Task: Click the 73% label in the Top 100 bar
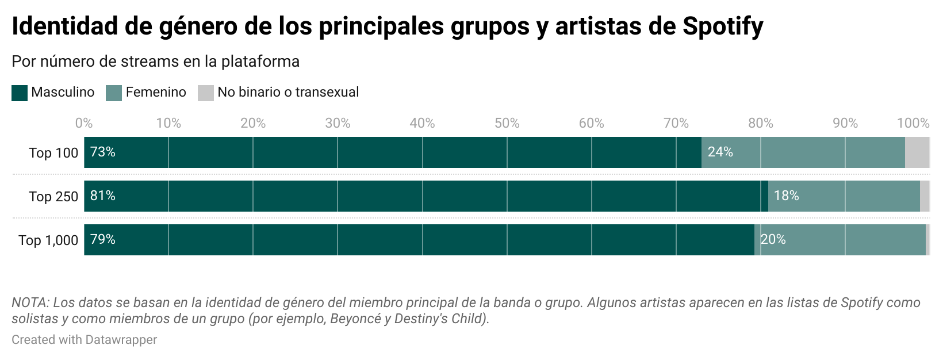(103, 152)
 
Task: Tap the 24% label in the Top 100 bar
(720, 152)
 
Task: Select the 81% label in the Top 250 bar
(103, 196)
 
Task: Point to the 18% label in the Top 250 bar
(786, 196)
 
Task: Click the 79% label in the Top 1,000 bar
(103, 239)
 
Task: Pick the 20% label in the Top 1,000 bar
(773, 239)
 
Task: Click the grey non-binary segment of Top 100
(917, 152)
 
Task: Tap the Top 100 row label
(53, 153)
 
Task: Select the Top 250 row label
(53, 197)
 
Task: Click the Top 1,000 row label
(48, 240)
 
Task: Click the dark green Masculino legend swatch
(20, 93)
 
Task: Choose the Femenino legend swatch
(114, 93)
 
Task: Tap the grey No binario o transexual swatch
(206, 93)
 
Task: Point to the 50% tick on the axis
(507, 123)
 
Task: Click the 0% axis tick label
(84, 123)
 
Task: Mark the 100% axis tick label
(913, 123)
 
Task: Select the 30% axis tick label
(338, 123)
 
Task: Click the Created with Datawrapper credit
(84, 340)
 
